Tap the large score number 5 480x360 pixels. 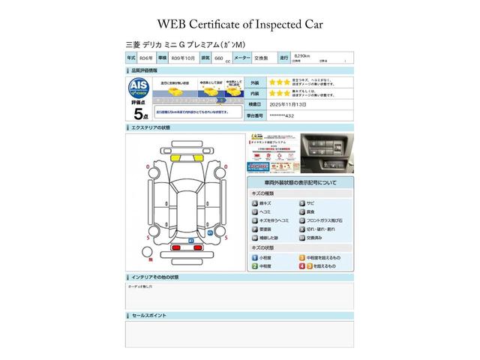pos(138,114)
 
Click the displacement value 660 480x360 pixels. pos(219,58)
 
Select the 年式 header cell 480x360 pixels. pos(132,58)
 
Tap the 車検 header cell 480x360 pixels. pos(163,58)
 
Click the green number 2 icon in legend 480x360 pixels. pos(255,266)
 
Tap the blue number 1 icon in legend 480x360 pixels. pos(255,257)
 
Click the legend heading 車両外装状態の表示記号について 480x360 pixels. pos(299,183)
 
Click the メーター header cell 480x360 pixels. pos(241,58)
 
